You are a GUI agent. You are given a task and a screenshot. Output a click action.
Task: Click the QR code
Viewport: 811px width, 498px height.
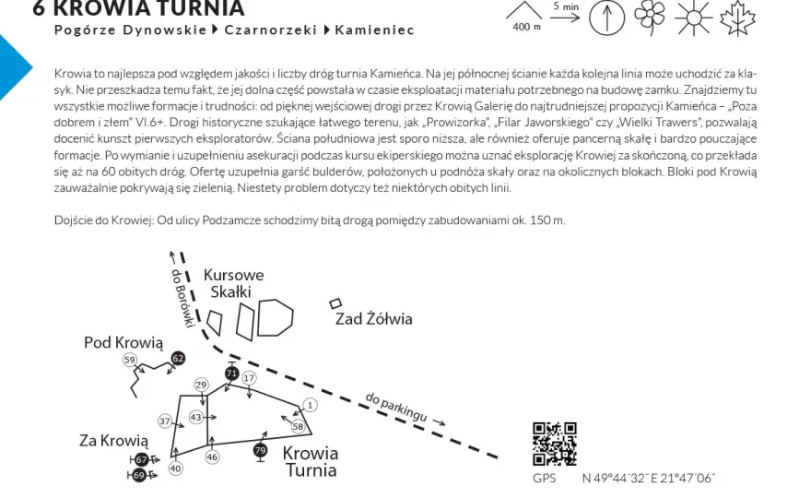tap(555, 444)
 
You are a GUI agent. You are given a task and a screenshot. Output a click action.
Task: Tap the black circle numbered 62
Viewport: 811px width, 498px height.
tap(178, 358)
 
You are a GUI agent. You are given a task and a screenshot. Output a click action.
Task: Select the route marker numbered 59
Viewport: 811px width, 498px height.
tap(130, 360)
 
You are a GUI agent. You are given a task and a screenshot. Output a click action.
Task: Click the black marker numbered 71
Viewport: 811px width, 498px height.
tap(231, 373)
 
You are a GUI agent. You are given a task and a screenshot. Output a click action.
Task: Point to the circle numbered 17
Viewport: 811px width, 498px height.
tap(250, 378)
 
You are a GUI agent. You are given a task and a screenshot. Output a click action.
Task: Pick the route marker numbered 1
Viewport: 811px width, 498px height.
tap(311, 405)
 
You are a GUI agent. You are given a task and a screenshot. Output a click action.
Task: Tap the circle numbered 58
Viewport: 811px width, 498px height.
tap(298, 427)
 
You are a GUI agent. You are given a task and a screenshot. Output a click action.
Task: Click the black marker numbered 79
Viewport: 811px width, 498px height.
tap(261, 450)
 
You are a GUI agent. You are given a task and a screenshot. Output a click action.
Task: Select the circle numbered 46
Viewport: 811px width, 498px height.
tap(212, 456)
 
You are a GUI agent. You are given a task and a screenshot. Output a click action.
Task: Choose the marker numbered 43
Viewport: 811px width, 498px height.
tap(195, 417)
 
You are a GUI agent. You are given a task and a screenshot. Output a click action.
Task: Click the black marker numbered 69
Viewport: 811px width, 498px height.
tap(138, 475)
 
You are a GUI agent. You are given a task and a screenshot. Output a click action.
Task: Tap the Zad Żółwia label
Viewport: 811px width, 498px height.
tap(374, 319)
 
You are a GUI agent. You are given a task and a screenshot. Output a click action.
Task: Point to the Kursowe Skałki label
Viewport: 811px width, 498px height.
tap(233, 283)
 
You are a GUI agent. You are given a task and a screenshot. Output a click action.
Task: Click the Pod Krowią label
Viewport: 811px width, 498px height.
tap(123, 343)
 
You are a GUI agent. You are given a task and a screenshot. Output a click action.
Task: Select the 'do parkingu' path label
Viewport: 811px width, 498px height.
tap(396, 407)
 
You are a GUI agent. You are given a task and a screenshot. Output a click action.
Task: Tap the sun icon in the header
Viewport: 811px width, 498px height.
tap(693, 18)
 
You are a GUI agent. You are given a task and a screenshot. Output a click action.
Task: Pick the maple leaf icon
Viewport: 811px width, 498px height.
tap(737, 18)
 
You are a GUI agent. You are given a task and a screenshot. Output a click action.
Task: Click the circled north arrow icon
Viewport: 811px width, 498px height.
tap(606, 18)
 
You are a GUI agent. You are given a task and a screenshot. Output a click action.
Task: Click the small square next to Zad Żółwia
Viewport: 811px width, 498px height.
tap(335, 303)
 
